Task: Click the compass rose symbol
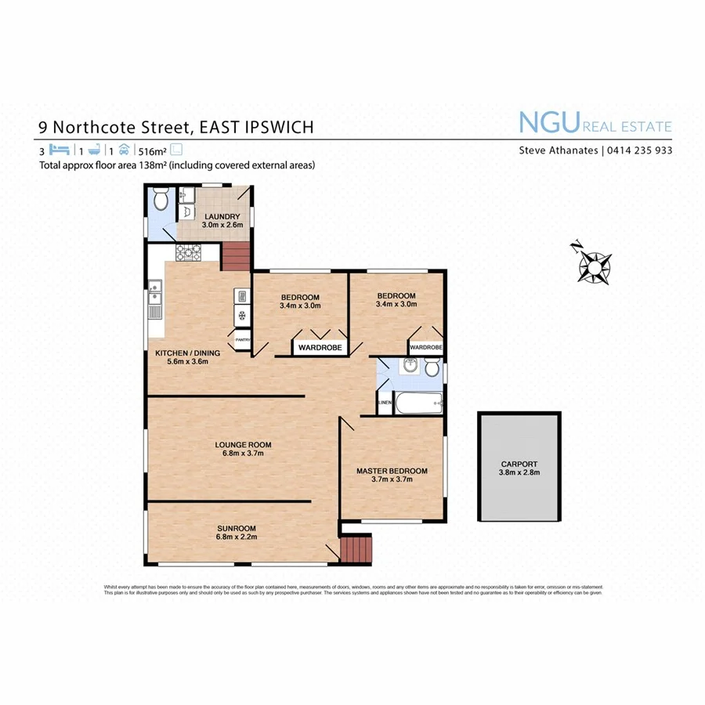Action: (595, 266)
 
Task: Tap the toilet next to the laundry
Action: (161, 201)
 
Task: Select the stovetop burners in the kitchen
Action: (189, 252)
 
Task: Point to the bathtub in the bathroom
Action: (417, 404)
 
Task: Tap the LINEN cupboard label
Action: (384, 403)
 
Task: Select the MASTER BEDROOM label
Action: (392, 471)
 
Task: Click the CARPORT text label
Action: (519, 463)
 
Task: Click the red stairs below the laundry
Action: (236, 256)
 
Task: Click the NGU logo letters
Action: (548, 124)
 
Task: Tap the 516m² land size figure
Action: (152, 150)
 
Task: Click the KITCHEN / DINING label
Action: (187, 352)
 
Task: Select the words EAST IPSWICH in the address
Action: (258, 127)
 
